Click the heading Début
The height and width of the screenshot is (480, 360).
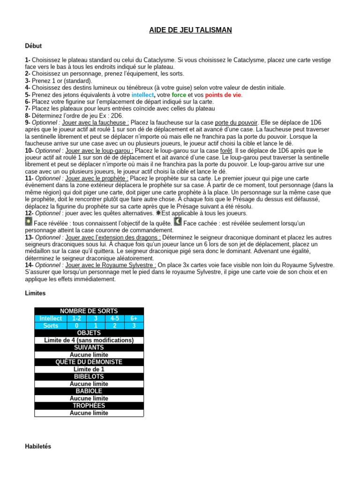pos(33,46)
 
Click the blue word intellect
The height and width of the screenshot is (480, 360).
pos(142,95)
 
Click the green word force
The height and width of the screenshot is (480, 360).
pos(179,95)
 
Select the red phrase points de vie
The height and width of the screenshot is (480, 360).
pos(224,95)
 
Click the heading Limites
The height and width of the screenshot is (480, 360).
pos(35,293)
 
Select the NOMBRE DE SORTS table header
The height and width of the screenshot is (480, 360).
pos(89,311)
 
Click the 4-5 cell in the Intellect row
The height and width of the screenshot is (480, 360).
pos(114,318)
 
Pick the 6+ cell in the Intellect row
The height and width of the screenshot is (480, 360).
pos(134,318)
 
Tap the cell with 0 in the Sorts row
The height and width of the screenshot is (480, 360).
pos(76,325)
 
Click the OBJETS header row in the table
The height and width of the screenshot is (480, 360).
pos(89,333)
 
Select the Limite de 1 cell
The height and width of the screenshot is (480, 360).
pos(89,369)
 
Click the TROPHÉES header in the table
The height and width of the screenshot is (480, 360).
pos(89,405)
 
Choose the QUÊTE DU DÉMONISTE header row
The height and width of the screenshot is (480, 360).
pos(89,362)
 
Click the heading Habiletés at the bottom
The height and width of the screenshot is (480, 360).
pos(38,447)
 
